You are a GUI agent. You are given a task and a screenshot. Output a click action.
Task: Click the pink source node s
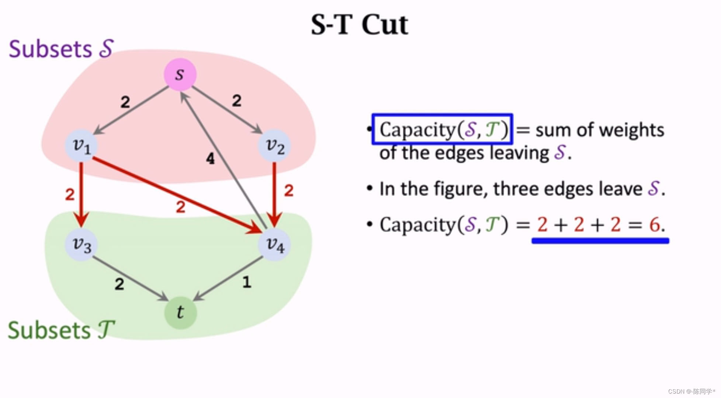(180, 74)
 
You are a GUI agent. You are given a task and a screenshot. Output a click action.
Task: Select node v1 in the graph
(81, 146)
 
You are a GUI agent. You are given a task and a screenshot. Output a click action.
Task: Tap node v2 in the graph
(275, 146)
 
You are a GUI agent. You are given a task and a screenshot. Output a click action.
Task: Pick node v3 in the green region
(81, 244)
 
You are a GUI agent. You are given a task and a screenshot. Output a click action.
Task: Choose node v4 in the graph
(275, 244)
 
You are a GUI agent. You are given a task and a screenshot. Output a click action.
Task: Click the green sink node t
(180, 313)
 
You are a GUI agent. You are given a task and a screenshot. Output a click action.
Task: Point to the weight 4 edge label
(210, 158)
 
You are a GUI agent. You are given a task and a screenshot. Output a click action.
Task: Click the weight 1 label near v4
(247, 282)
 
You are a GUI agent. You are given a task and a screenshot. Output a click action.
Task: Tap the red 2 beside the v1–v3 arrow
(70, 194)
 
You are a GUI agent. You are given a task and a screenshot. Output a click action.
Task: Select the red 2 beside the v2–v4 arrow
(289, 191)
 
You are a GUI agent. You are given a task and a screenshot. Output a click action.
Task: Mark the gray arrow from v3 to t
(129, 278)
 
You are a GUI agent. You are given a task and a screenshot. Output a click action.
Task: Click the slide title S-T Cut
(359, 25)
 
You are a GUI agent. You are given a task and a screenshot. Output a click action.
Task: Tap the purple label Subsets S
(61, 49)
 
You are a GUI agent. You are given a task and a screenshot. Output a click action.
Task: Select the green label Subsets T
(61, 330)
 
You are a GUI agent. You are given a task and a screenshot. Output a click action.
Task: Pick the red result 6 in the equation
(655, 224)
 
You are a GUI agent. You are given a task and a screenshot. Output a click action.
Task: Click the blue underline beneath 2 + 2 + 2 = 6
(600, 241)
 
